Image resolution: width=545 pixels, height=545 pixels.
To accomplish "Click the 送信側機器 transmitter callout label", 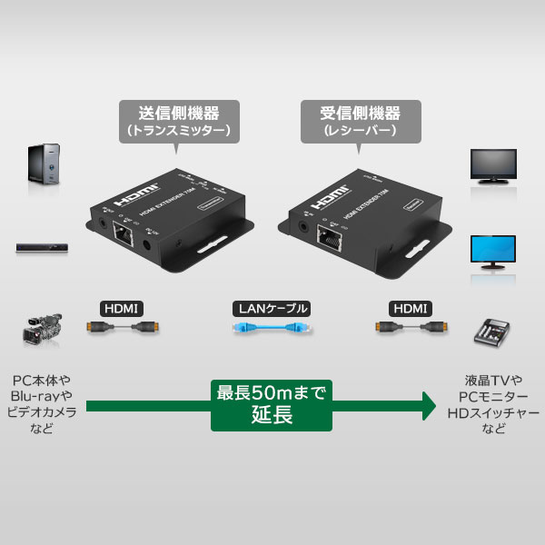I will point(178,121).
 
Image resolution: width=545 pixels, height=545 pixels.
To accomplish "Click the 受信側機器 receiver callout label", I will point(362,121).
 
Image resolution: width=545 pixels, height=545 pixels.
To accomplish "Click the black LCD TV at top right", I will point(493,166).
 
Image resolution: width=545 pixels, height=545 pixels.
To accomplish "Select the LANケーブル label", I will point(272,308).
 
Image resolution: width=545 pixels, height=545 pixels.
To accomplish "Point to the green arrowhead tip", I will point(434,404).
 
